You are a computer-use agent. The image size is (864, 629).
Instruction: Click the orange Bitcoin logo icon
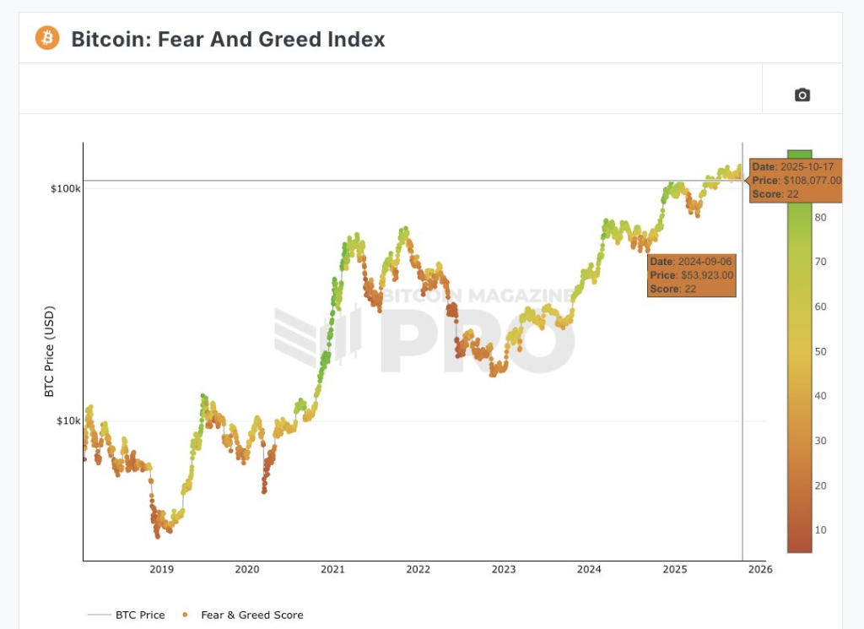pos(47,38)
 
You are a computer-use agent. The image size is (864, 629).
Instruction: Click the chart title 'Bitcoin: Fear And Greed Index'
pos(228,39)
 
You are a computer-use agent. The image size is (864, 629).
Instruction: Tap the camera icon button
pos(802,95)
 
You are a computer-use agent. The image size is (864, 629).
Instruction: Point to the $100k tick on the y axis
pos(66,188)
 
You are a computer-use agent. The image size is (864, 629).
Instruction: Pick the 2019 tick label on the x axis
pos(161,569)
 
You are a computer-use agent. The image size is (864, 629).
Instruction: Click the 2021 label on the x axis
pos(332,569)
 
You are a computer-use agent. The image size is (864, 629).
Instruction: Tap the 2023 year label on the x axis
pos(504,569)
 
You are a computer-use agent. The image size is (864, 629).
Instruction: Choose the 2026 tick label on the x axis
pos(760,569)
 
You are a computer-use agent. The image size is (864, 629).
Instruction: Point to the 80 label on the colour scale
pos(820,217)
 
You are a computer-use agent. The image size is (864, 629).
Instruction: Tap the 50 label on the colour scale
pos(820,351)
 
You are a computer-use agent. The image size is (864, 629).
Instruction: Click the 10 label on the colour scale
pos(820,529)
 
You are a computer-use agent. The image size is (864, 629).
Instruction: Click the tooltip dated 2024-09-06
pos(692,275)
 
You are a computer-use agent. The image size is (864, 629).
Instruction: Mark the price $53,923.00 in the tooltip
pos(706,275)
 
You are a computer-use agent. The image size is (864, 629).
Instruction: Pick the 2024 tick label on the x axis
pos(589,569)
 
